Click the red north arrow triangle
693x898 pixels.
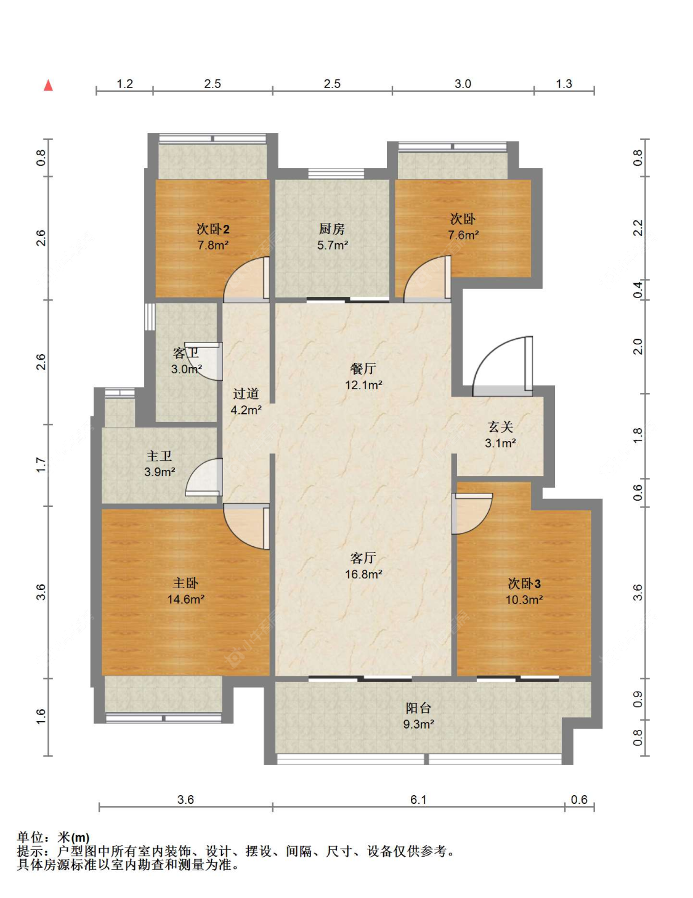(x=48, y=85)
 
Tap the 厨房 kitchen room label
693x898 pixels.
(x=331, y=229)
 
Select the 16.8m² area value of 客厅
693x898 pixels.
(x=363, y=573)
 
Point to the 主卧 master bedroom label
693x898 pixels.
(x=185, y=583)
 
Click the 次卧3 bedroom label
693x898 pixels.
(x=524, y=583)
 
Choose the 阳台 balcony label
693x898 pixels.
(x=418, y=708)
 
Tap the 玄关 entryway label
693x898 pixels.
(x=500, y=426)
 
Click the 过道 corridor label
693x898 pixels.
(x=245, y=394)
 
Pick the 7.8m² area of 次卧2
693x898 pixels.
(x=213, y=245)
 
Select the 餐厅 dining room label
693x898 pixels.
(x=363, y=368)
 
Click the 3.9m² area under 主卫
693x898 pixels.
(x=160, y=472)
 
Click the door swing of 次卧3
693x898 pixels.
(x=472, y=514)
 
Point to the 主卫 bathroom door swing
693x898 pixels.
(x=204, y=477)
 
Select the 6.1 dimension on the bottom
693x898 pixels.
(x=418, y=799)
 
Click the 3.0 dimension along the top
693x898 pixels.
(x=463, y=84)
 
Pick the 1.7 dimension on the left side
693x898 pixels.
(x=41, y=465)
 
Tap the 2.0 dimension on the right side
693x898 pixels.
(x=638, y=346)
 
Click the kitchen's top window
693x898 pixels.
(x=336, y=174)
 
